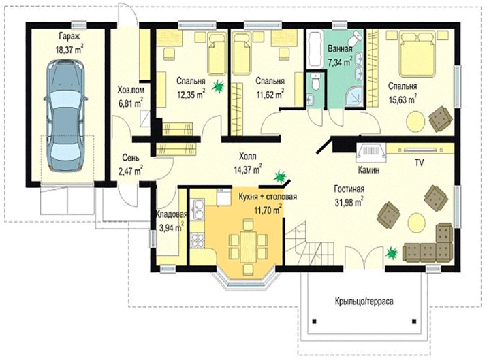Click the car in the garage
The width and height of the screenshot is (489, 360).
[x=66, y=115]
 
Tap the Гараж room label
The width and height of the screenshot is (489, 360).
[x=69, y=37]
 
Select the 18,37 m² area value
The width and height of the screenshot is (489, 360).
[x=69, y=50]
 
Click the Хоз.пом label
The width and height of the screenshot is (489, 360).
[x=131, y=90]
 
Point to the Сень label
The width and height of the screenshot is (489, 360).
[x=130, y=157]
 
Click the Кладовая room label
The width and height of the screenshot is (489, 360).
[x=171, y=214]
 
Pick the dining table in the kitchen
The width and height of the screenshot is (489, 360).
[x=248, y=247]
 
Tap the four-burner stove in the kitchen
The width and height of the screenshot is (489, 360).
[x=198, y=241]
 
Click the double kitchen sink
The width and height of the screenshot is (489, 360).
[x=198, y=209]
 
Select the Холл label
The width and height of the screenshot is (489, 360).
[x=248, y=156]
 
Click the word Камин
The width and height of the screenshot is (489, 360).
[x=368, y=170]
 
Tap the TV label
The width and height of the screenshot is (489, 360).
[x=419, y=163]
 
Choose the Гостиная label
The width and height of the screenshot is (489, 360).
[x=349, y=189]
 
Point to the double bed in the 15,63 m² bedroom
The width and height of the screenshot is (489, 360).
[x=417, y=54]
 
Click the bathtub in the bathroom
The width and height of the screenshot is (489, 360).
[x=315, y=49]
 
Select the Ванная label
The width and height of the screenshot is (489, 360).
[x=340, y=49]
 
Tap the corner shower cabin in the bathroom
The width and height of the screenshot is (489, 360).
[x=355, y=97]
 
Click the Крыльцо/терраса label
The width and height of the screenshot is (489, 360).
[x=364, y=301]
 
